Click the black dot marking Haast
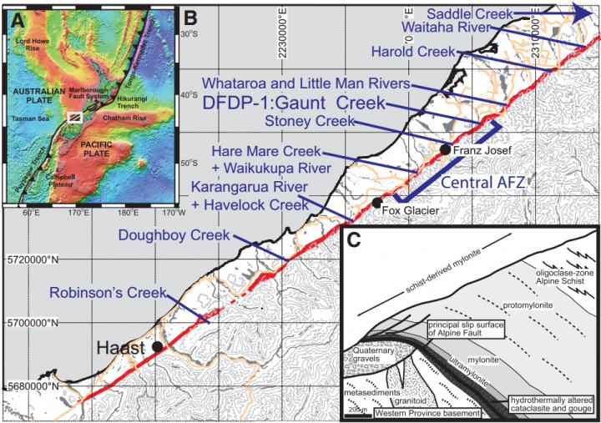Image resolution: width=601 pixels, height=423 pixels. pyautogui.click(x=155, y=345)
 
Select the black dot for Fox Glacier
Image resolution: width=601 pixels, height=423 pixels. pyautogui.click(x=377, y=202)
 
